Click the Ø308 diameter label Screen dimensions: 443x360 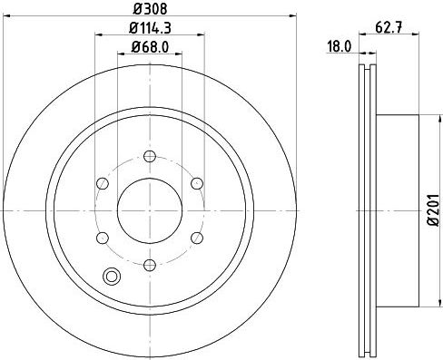coord(150,8)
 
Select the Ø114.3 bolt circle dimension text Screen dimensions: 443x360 coord(150,28)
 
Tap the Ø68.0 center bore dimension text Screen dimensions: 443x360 coord(150,47)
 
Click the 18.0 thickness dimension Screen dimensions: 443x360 coord(340,47)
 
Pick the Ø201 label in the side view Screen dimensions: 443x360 coord(433,209)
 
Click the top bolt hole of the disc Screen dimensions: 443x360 coord(150,156)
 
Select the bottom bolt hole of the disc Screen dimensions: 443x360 coord(150,265)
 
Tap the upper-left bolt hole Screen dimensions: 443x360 coord(103,183)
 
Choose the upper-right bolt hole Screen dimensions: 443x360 coord(197,183)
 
